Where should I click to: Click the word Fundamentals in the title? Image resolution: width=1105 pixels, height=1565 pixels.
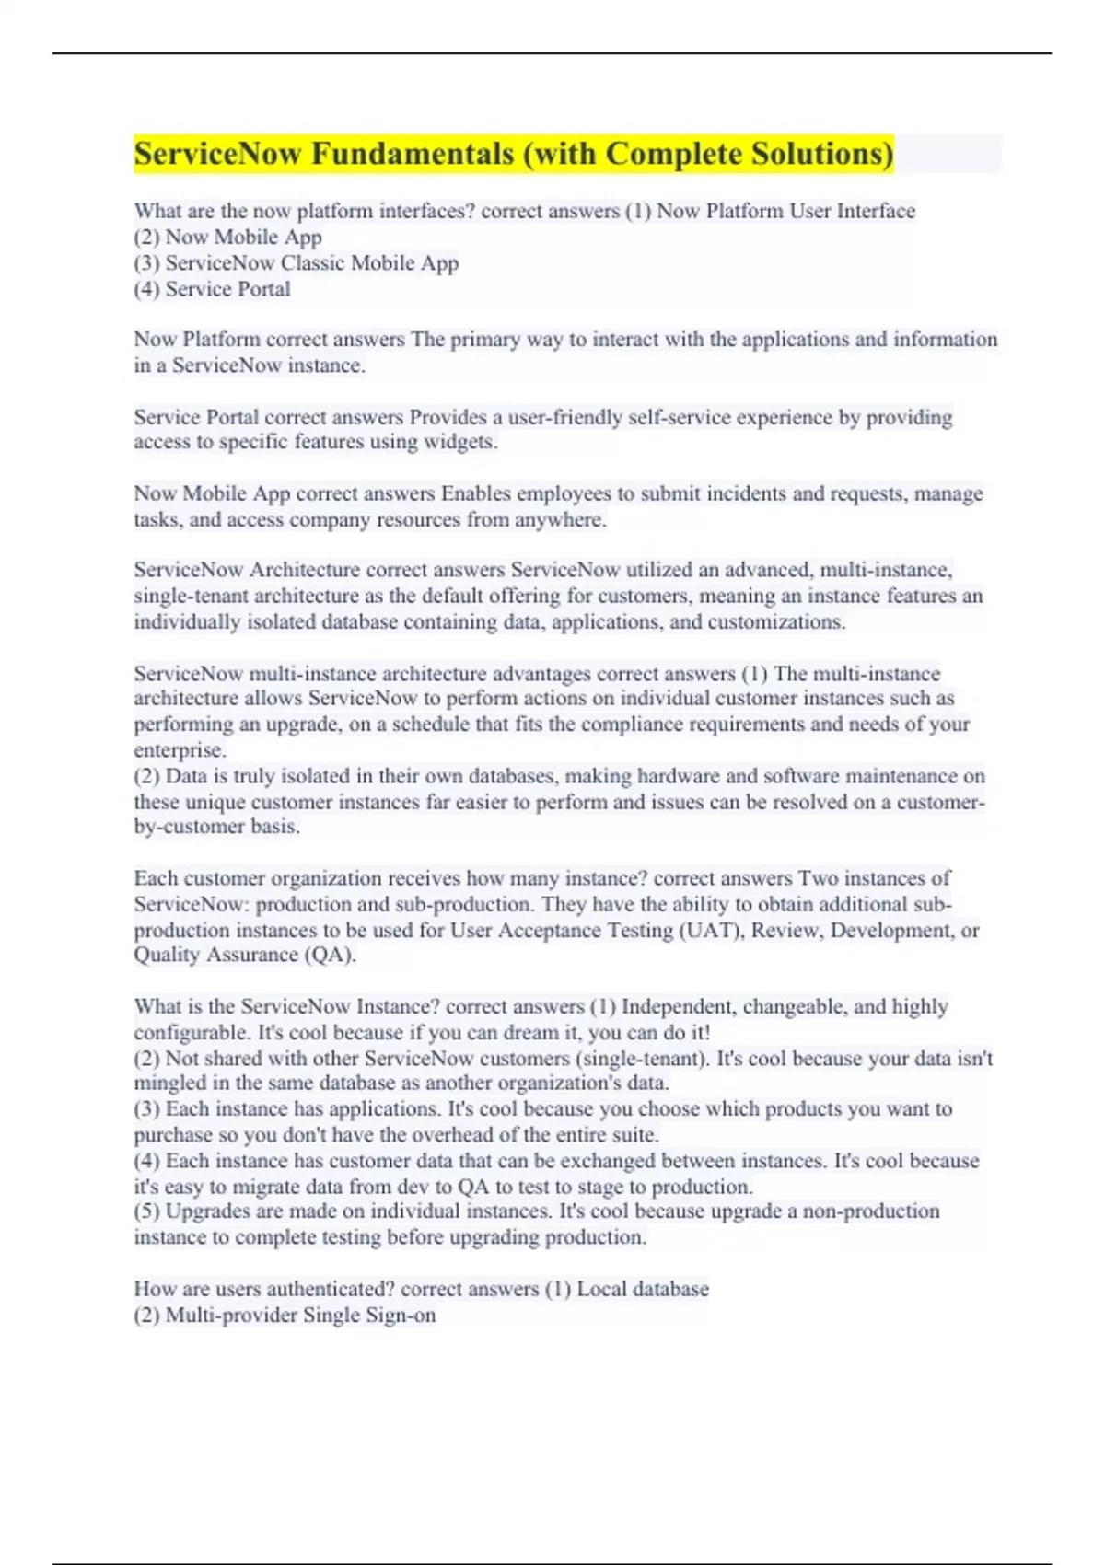413,154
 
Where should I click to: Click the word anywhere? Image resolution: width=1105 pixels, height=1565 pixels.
559,519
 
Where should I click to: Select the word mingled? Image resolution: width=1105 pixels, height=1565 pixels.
168,1084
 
